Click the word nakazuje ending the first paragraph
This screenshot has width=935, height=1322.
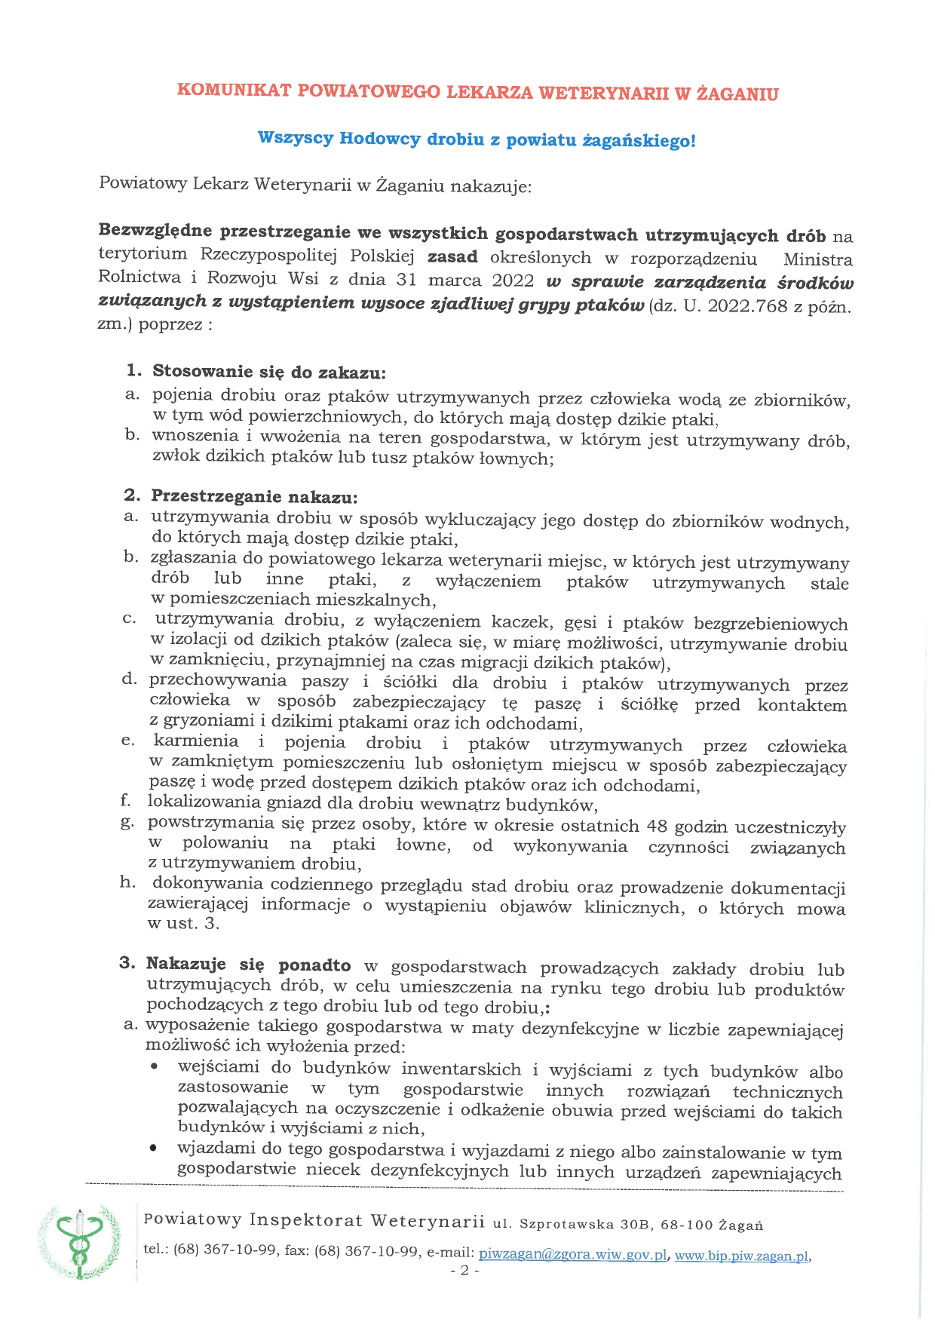(x=490, y=186)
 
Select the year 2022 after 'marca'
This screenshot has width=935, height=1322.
(x=513, y=281)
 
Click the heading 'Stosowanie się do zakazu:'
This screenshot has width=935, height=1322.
(x=269, y=372)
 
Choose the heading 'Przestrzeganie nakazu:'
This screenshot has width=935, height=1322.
(x=254, y=497)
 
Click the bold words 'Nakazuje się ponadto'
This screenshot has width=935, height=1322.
(x=248, y=965)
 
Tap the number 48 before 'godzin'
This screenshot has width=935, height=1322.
(x=658, y=827)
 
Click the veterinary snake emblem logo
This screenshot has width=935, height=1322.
(x=79, y=1241)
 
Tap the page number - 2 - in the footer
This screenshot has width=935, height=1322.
(x=464, y=1271)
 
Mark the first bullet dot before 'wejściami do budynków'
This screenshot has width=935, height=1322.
(x=154, y=1067)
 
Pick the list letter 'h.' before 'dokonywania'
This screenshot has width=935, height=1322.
(x=127, y=883)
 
